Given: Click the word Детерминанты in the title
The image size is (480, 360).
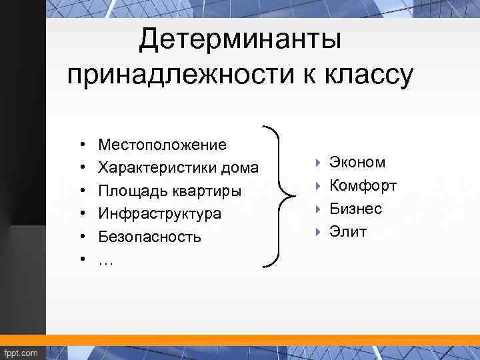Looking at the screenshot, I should point(240,40).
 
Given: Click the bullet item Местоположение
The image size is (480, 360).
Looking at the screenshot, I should point(162,145).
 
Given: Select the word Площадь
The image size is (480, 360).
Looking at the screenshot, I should point(130,191).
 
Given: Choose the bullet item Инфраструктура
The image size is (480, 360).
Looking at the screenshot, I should point(159,214).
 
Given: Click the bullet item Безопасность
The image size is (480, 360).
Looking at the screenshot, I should point(149,237).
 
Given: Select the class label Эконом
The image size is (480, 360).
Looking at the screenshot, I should point(357,163).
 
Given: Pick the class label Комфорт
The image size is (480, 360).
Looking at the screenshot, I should point(363,185).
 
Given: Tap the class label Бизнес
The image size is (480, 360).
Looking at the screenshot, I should point(355,209).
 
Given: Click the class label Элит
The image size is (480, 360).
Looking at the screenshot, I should point(347,232).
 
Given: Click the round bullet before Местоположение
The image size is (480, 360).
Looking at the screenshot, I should point(80,145).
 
